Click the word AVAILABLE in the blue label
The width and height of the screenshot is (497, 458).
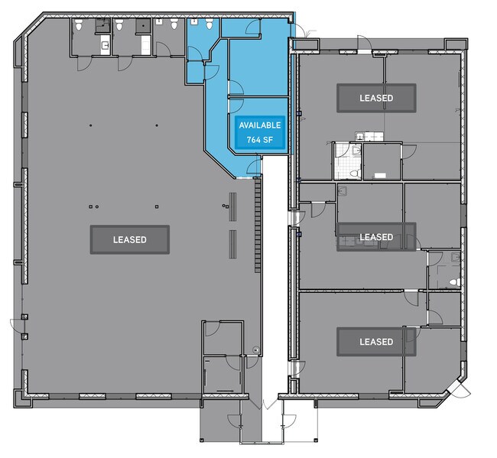(x=260, y=125)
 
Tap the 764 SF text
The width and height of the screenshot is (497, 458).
(x=260, y=139)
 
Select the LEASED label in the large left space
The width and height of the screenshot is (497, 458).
(x=130, y=239)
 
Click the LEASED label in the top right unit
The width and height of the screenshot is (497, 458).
(x=376, y=98)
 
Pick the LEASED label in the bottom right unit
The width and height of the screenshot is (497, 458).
(x=376, y=342)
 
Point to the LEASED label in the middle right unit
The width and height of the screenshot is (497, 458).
(x=376, y=237)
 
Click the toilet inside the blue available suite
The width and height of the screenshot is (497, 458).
(x=210, y=24)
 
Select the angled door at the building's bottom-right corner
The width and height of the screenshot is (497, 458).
(x=459, y=388)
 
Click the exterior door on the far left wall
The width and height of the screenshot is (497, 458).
(x=17, y=326)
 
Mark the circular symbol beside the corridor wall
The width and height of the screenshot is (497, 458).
(x=256, y=350)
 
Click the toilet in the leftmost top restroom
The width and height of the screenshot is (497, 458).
(x=79, y=24)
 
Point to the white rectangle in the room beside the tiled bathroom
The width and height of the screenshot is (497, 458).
(x=380, y=175)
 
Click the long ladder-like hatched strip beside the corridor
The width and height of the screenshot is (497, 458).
(x=258, y=225)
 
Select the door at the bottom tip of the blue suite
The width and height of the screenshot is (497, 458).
(x=254, y=167)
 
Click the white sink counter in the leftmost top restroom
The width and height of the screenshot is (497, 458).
(x=106, y=45)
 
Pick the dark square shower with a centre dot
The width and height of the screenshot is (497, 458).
(x=143, y=25)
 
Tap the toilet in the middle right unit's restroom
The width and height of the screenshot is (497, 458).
(x=455, y=282)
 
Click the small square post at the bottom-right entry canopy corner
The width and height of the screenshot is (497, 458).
(x=316, y=440)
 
